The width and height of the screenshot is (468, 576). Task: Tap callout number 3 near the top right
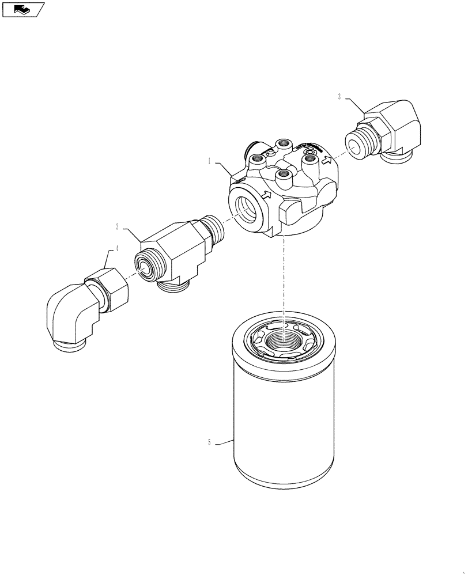tap(340, 97)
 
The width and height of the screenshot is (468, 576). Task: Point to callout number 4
tap(117, 248)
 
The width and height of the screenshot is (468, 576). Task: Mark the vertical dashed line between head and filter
tap(284, 276)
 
